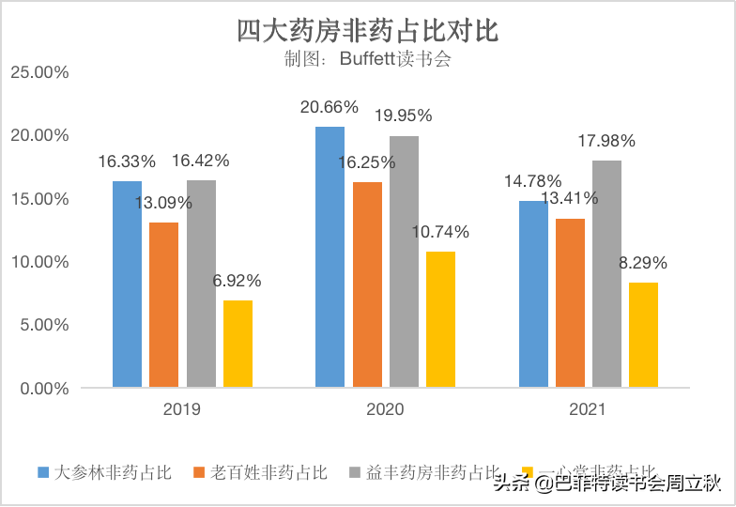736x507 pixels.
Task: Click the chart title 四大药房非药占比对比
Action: (x=367, y=31)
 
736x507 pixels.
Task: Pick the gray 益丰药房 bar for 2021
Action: (x=606, y=273)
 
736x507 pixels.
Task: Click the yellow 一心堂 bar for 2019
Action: (x=238, y=344)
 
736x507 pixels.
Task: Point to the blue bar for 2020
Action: (x=330, y=256)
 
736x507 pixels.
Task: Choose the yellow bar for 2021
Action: (x=643, y=334)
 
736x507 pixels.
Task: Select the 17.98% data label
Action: (x=606, y=141)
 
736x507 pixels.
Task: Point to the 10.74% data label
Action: (x=438, y=232)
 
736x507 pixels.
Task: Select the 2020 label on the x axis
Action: (x=385, y=409)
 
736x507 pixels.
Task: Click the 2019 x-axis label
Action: (x=182, y=409)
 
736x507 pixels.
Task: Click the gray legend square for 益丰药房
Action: (x=354, y=472)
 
